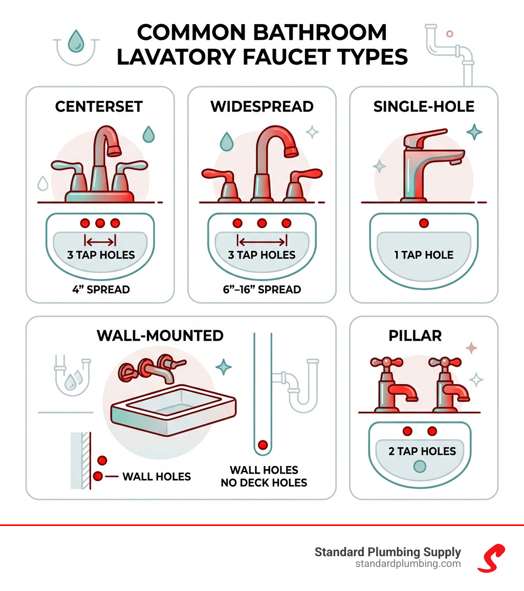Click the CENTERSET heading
(x=99, y=107)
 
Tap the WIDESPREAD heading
(x=261, y=107)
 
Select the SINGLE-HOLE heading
(x=424, y=107)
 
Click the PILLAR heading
(x=423, y=336)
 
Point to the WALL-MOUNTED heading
(x=160, y=336)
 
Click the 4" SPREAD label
(x=100, y=289)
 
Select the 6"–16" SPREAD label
(x=261, y=289)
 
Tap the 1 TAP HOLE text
(x=424, y=255)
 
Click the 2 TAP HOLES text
(x=422, y=451)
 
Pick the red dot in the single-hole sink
(x=424, y=223)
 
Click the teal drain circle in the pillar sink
(x=420, y=467)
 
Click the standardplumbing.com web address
(x=408, y=564)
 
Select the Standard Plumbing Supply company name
(x=387, y=552)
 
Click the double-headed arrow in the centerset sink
(x=100, y=241)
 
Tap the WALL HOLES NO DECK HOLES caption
(x=264, y=476)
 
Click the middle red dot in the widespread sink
(x=262, y=223)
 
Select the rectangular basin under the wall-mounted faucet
(x=174, y=405)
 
